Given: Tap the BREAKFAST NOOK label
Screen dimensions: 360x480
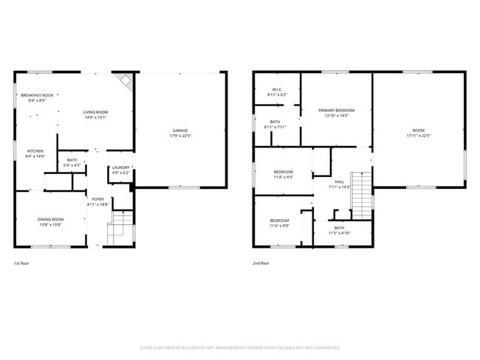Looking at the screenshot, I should point(37,96).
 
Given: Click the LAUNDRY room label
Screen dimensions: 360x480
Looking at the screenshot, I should point(120,167).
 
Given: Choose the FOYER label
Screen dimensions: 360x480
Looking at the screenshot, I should point(97,198).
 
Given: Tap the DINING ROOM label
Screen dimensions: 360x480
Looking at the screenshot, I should point(51,219).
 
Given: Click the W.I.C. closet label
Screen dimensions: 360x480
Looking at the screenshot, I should point(276,90).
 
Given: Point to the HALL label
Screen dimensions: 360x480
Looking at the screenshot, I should point(340,181).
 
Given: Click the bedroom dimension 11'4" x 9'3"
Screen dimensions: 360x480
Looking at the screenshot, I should point(283,177).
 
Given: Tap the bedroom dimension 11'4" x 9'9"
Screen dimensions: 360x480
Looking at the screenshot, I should point(279,226).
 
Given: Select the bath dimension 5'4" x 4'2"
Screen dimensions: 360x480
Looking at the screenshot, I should point(72,165).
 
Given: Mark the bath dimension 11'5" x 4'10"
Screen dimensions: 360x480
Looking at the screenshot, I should point(339,233).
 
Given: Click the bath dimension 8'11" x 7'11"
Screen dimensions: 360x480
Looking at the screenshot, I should point(275,127).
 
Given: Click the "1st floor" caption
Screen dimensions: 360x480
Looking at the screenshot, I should point(22,263).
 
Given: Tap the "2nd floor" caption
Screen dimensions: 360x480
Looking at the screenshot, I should point(261,263).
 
